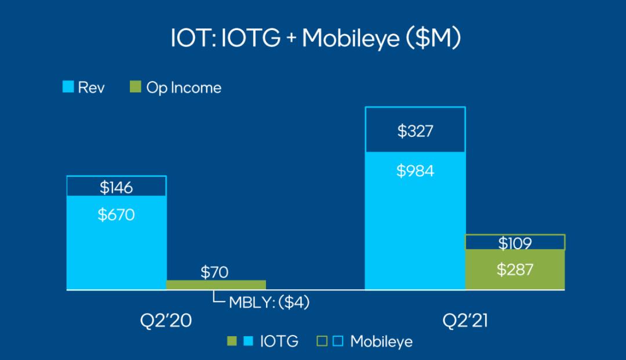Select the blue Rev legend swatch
(x=68, y=86)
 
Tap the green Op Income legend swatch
(x=135, y=86)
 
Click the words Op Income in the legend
(x=184, y=88)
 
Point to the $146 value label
(x=116, y=188)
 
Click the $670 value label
(x=116, y=214)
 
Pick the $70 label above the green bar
(x=214, y=272)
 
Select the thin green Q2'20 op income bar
(x=216, y=285)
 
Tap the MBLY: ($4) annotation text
(x=269, y=303)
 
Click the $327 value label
(x=415, y=131)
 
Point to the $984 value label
(x=415, y=171)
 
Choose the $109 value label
(x=515, y=243)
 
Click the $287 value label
(x=515, y=270)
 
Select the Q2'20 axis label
(x=166, y=321)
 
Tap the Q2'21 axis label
(x=465, y=321)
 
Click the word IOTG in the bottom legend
(x=279, y=341)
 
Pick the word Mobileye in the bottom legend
(x=381, y=341)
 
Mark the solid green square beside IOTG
(x=231, y=341)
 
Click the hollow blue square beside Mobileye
(x=338, y=341)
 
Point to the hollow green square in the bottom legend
(x=322, y=341)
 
